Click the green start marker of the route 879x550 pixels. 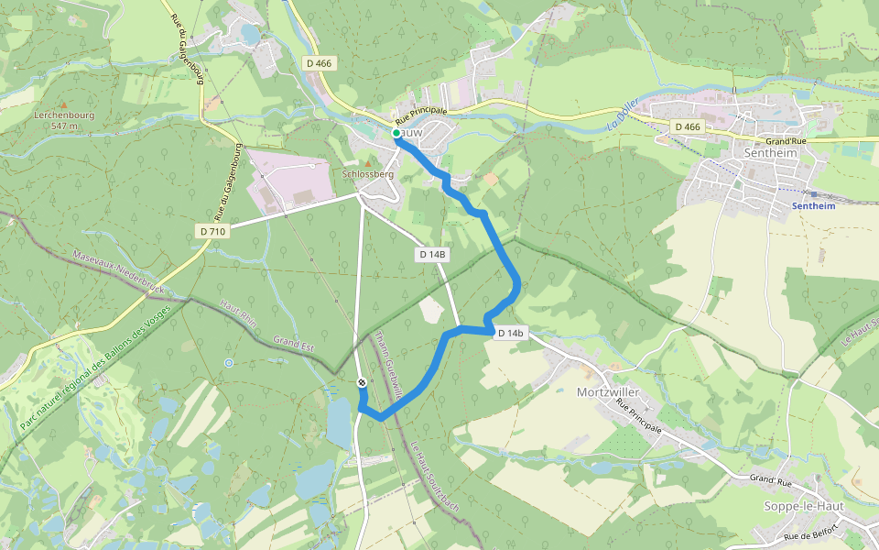pos(396,134)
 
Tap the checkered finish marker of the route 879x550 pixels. pos(362,382)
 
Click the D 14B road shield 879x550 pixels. pos(432,254)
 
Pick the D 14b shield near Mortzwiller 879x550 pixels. pos(511,334)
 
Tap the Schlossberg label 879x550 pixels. pos(367,174)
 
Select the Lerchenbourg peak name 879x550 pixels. pos(63,115)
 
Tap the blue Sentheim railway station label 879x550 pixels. pos(813,207)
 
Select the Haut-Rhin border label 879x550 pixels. pos(237,316)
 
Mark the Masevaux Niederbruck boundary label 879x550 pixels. pos(119,273)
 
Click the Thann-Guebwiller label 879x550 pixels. pos(389,364)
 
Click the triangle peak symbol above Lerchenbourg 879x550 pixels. pos(63,104)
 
